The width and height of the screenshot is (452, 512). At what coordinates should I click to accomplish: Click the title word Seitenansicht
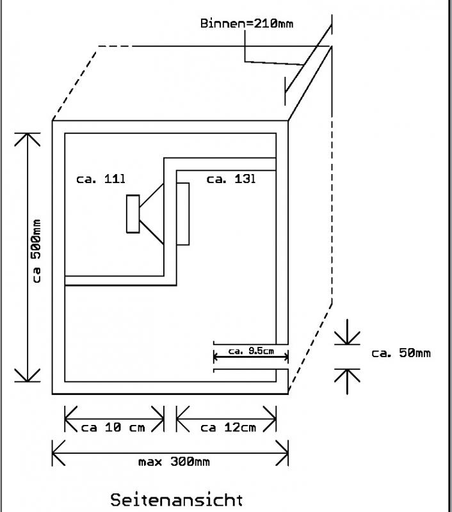(x=177, y=499)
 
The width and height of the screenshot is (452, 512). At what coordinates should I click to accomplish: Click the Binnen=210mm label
(x=247, y=24)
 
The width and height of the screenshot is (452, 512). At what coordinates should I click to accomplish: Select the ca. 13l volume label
(x=231, y=179)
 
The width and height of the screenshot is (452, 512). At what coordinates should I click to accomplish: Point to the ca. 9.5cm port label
(x=251, y=351)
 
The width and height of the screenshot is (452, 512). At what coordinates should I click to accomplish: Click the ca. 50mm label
(x=401, y=353)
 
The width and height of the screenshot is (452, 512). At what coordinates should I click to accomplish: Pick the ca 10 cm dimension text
(x=114, y=428)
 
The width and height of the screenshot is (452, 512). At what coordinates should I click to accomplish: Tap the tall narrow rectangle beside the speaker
(x=184, y=214)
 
